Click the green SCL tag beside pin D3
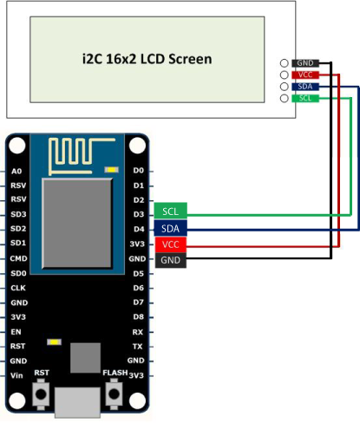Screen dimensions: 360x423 point(171,211)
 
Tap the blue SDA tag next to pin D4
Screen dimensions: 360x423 point(171,229)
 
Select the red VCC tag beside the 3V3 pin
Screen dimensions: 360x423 point(171,244)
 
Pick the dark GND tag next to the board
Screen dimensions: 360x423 point(171,260)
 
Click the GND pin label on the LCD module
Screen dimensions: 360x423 point(305,63)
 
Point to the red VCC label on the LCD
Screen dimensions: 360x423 point(305,75)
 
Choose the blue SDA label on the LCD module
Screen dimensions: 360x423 point(305,87)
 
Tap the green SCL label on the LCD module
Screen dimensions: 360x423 point(305,98)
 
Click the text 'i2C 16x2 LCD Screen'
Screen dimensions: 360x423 point(147,59)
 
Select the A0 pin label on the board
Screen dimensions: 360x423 point(16,172)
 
